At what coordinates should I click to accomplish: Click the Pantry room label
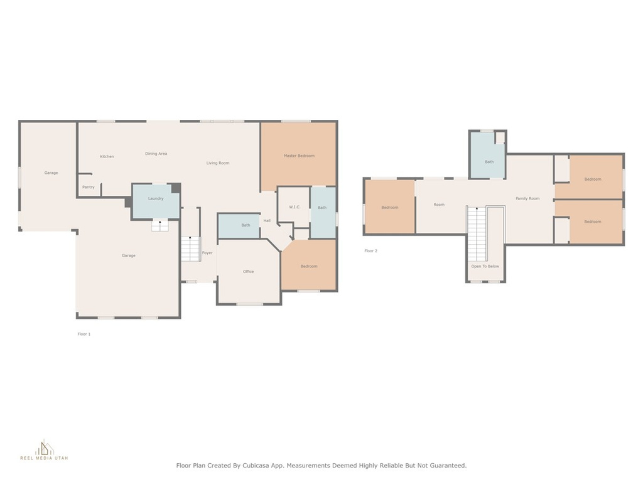point(88,187)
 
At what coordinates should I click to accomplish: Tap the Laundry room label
point(156,199)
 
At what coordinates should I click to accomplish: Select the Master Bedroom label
point(300,156)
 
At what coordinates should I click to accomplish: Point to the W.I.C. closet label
point(295,207)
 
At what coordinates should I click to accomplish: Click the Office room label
point(248,272)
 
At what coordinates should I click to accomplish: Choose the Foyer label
point(207,253)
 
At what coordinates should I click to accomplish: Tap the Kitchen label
point(107,156)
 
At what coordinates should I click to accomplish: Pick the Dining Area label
point(156,154)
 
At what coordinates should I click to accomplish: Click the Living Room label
point(218,163)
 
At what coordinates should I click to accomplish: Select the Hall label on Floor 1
point(267,221)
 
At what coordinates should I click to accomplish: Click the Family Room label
point(527,199)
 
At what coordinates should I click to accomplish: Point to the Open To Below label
point(485,266)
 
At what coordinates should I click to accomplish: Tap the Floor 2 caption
point(370,251)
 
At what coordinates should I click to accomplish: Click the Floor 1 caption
point(84,334)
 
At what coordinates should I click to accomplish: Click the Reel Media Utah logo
point(45,449)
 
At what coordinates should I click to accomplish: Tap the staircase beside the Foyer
point(190,249)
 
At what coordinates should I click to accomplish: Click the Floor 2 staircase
point(477,234)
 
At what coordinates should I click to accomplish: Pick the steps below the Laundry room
point(160,225)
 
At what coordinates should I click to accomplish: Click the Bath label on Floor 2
point(489,162)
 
